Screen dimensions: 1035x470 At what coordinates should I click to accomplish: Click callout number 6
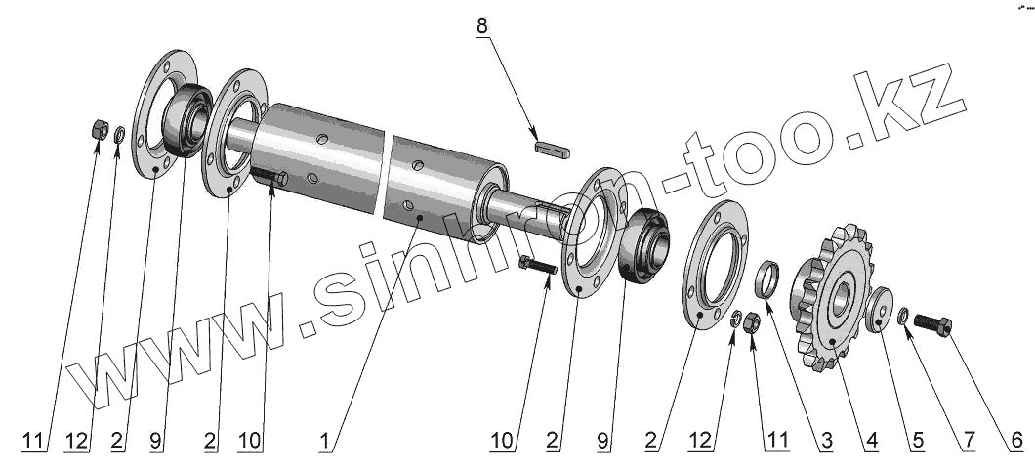pos(1015,441)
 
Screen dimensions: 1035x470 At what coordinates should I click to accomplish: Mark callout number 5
pos(917,441)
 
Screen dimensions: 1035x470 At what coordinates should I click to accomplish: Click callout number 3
pos(826,441)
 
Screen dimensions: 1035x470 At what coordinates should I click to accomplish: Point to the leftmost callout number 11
pos(34,441)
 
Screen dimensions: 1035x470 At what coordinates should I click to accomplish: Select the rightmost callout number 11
pos(776,441)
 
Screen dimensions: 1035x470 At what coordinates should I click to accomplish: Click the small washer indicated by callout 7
pos(904,314)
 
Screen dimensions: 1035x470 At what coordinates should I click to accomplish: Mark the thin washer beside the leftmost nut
pos(118,134)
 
